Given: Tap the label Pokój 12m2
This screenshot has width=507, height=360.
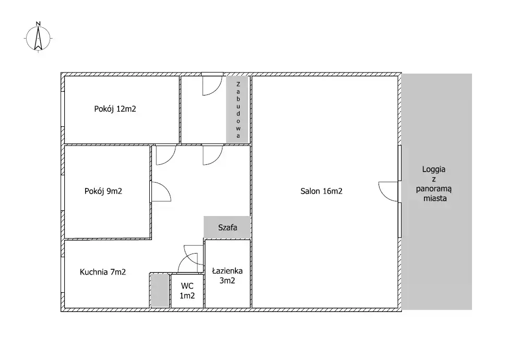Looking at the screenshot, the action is point(115,109).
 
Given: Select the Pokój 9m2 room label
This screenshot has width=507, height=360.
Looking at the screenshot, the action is point(103,191).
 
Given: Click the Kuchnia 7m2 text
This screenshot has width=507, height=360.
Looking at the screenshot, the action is point(103,272).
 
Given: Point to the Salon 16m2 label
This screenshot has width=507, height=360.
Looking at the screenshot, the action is point(322,191).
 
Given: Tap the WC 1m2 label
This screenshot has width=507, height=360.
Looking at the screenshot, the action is point(187,291).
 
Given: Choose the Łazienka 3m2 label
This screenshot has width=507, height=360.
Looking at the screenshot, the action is point(227,275).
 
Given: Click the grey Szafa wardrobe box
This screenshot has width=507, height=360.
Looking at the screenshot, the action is point(227,227).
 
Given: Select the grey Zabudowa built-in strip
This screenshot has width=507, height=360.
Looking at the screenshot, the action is point(238,110).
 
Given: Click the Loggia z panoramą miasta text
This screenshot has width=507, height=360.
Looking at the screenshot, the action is point(434,184).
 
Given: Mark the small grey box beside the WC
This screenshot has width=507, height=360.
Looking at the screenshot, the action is point(160,290).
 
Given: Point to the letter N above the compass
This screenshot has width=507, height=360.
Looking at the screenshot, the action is point(38,23).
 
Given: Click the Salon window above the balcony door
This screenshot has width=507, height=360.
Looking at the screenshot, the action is point(399,163).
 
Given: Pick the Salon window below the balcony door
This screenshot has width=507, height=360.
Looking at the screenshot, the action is point(399,220).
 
